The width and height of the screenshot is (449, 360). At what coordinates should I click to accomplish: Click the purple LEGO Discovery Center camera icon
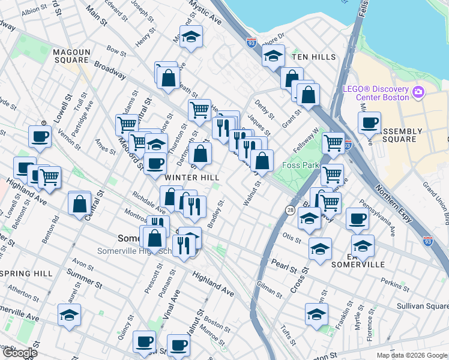pos(419,93)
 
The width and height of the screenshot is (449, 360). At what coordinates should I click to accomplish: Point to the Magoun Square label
pos(71,56)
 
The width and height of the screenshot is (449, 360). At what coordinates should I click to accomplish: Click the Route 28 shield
pos(291,211)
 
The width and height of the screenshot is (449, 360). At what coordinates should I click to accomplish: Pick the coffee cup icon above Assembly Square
pos(369,122)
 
